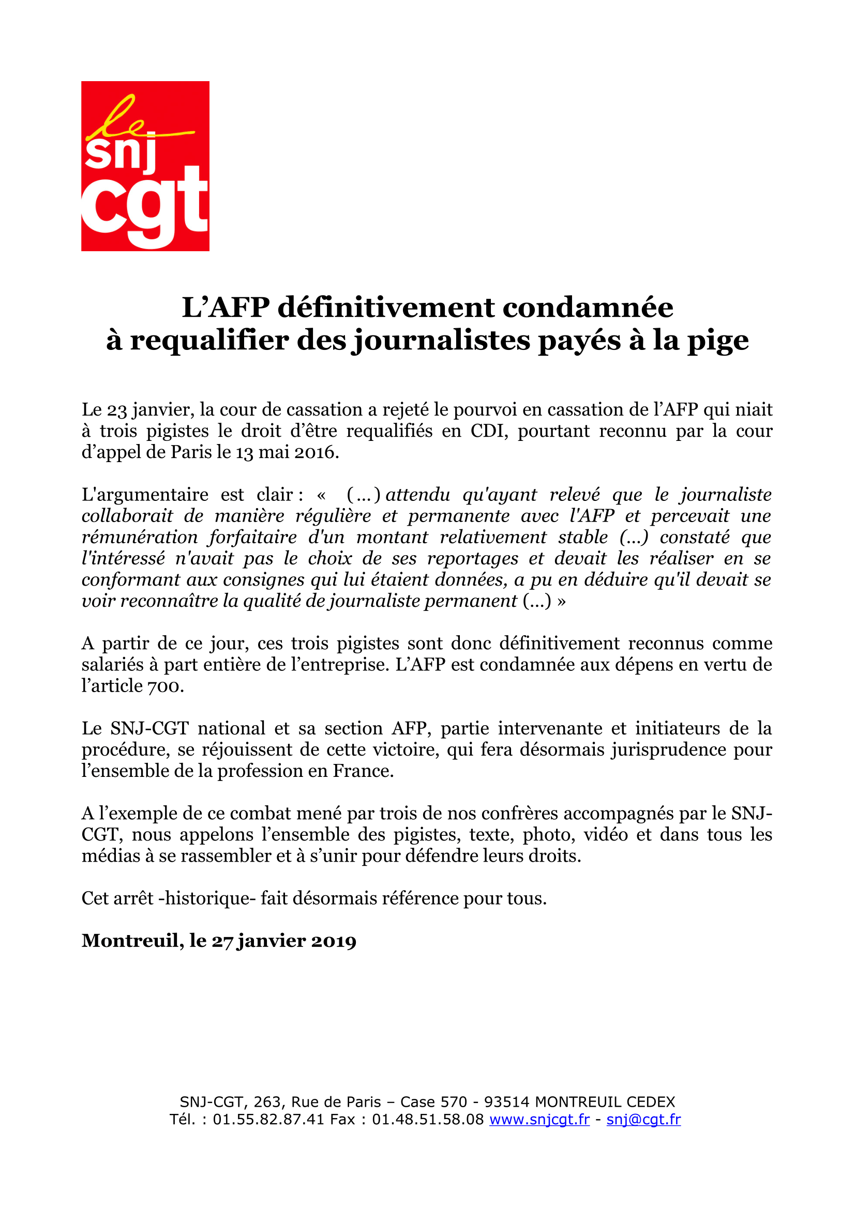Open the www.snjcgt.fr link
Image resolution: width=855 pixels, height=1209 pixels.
tap(539, 1119)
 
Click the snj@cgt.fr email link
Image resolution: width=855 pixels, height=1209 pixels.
tap(643, 1119)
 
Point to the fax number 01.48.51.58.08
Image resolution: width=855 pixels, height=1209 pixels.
tap(428, 1119)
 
